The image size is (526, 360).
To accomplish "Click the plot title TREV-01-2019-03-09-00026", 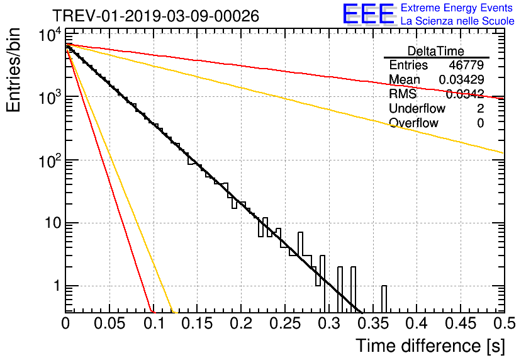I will tap(155, 16).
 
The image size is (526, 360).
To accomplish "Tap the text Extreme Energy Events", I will tap(457, 8).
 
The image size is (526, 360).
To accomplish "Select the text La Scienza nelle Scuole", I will tap(457, 21).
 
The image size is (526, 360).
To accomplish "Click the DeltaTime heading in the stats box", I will tap(436, 50).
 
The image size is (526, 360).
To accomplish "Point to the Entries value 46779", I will tap(466, 65).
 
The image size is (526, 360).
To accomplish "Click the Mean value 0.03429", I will tap(461, 80).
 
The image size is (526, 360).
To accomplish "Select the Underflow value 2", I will tap(480, 109).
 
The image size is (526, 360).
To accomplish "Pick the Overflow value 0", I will tap(480, 123).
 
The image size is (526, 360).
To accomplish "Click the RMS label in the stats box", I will tap(403, 94).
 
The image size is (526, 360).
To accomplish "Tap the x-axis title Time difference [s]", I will tap(430, 346).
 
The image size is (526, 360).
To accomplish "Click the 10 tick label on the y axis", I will tap(47, 223).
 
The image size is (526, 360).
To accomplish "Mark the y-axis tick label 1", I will tap(55, 286).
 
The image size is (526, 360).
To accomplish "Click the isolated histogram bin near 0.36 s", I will tap(384, 299).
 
